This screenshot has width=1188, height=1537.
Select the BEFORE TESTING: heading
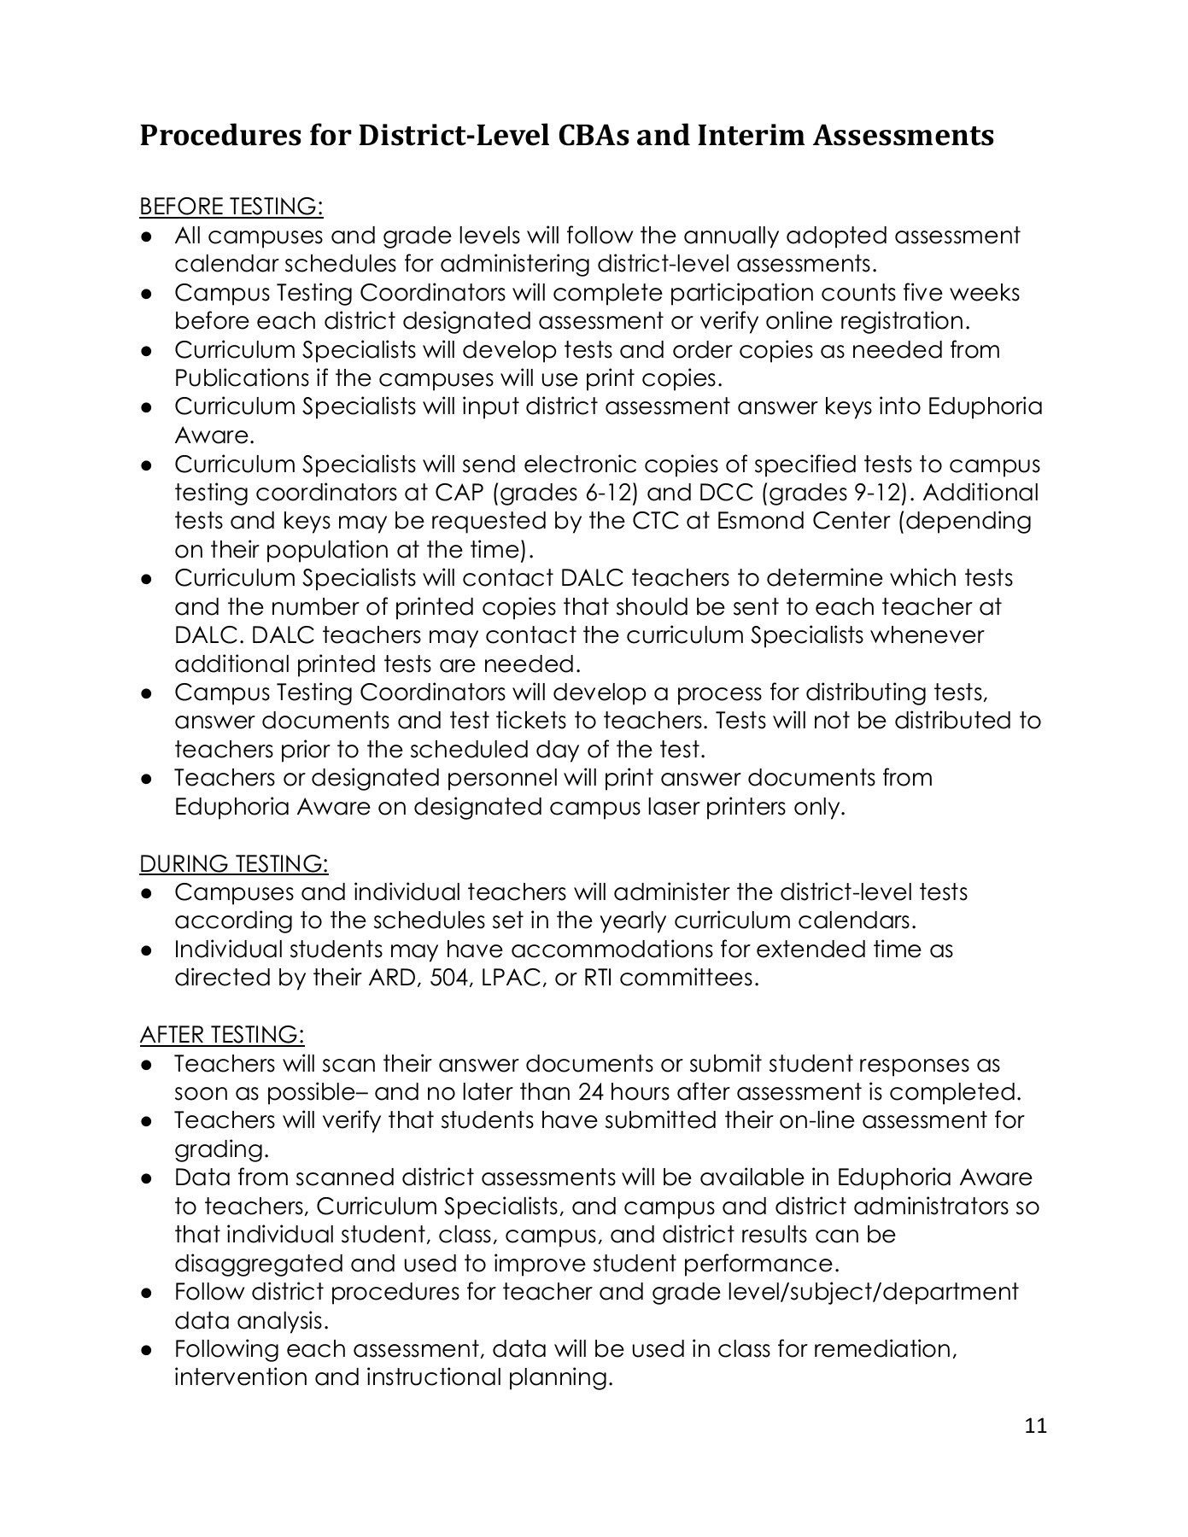(231, 207)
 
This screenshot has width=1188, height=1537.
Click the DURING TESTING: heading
(234, 864)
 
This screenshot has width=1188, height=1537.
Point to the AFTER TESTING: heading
(222, 1035)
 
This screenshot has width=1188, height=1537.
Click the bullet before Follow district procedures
(147, 1293)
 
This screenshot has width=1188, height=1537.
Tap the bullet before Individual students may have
(147, 950)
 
